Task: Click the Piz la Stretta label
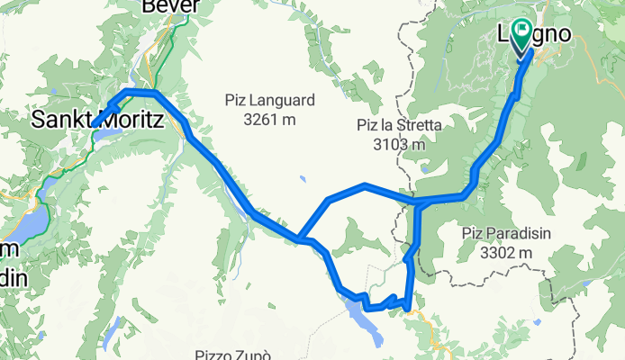tap(398, 126)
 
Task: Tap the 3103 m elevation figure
tap(398, 143)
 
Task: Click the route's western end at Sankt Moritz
tap(94, 122)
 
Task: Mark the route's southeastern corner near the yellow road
tap(410, 308)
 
